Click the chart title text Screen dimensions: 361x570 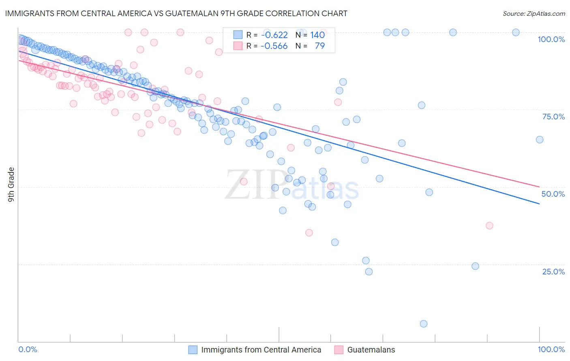click(176, 13)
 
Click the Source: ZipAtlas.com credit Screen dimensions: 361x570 click(534, 13)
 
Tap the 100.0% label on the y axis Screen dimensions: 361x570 click(551, 39)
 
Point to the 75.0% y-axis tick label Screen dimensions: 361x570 click(553, 117)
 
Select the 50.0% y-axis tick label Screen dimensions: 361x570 click(553, 194)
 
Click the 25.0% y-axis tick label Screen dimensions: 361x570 click(553, 272)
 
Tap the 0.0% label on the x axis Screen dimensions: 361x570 click(28, 349)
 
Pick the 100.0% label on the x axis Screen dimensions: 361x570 click(551, 349)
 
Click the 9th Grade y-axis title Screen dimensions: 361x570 click(11, 184)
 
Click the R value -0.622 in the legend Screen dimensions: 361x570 click(274, 35)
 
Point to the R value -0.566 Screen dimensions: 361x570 click(274, 46)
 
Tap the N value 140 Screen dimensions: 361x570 click(317, 35)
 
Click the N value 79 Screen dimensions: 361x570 click(319, 46)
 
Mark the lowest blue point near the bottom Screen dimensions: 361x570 click(424, 324)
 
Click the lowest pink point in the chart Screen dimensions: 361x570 click(309, 233)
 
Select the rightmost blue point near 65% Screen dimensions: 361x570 click(540, 140)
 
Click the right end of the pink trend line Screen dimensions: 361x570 click(540, 187)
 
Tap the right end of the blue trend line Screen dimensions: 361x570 click(540, 204)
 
